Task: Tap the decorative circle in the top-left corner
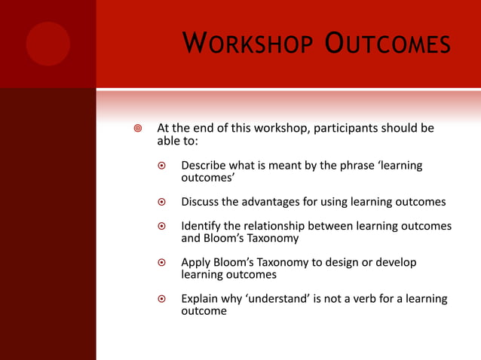tap(47, 44)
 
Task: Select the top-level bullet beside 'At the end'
tap(137, 129)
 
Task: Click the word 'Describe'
tap(207, 166)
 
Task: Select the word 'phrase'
tap(354, 166)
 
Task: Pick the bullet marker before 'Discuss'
tap(161, 203)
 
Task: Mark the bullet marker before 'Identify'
tap(161, 227)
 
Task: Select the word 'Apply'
tap(197, 263)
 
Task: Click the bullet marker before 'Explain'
tap(161, 300)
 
